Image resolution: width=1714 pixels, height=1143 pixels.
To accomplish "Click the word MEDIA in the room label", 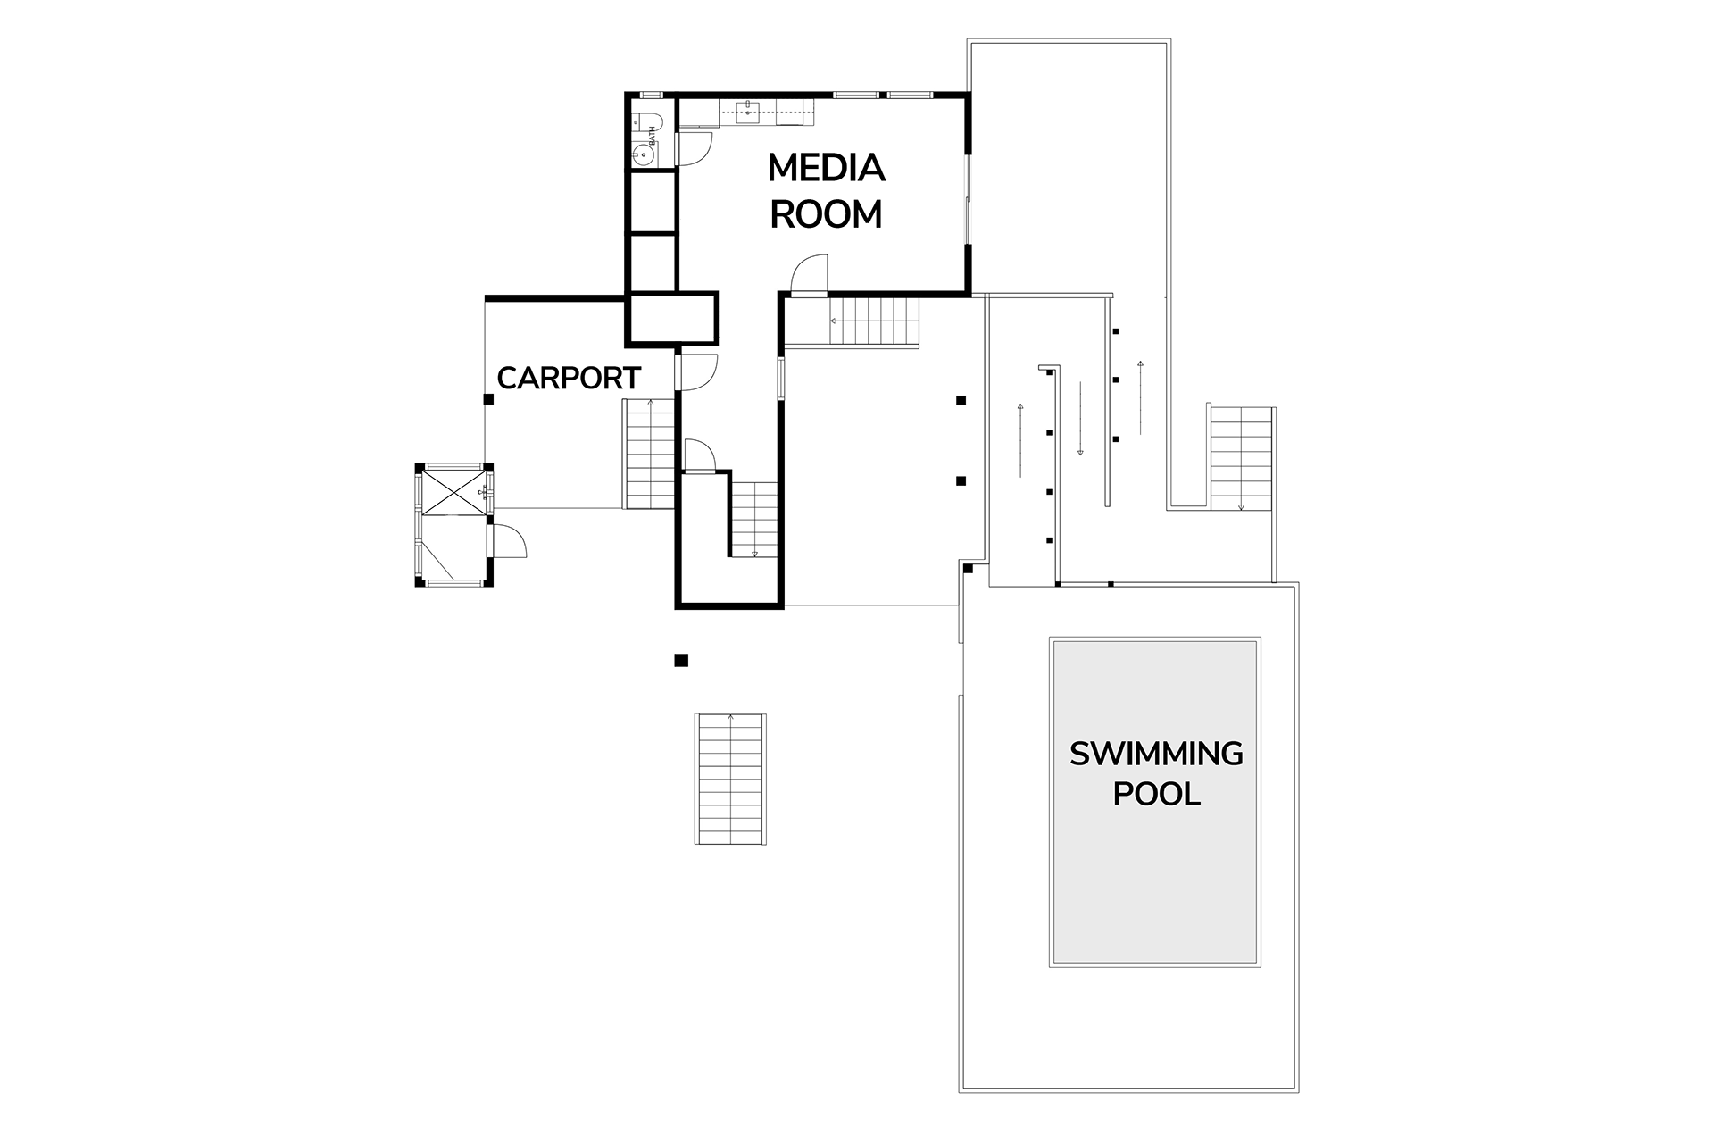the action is (x=826, y=168).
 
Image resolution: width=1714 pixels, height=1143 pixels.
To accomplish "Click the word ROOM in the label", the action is (x=826, y=214).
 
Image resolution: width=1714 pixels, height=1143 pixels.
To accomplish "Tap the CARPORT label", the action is (x=569, y=379).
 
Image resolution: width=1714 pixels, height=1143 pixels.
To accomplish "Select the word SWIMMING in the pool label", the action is (x=1156, y=755).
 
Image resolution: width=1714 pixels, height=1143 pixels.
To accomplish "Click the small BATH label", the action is (x=653, y=136).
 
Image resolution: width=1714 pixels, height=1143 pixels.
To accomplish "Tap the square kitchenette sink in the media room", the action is (x=747, y=112).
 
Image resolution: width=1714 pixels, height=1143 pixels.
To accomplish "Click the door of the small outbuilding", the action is (x=509, y=540).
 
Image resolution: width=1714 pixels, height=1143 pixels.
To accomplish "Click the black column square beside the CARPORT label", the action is (x=488, y=399).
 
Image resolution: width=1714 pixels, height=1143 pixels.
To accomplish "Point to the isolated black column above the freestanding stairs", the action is (x=681, y=661).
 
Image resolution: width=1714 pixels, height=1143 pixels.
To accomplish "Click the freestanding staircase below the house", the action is (x=730, y=779).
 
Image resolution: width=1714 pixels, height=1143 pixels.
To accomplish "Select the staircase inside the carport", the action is (x=649, y=455).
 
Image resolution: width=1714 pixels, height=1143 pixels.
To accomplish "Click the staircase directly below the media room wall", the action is (x=874, y=322).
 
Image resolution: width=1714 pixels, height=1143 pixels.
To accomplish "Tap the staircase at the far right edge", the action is (x=1241, y=458).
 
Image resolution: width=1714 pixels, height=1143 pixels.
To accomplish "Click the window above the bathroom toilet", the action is (x=651, y=95).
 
